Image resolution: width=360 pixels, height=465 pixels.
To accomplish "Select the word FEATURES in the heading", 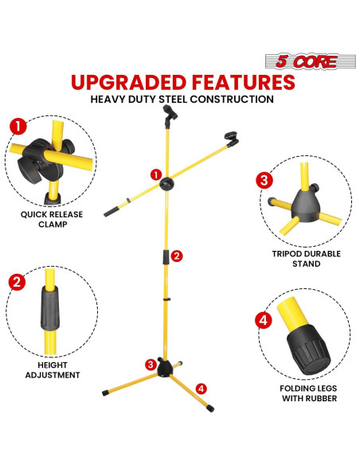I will click(x=246, y=82).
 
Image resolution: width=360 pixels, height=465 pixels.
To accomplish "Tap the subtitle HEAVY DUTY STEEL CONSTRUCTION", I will click(x=182, y=100).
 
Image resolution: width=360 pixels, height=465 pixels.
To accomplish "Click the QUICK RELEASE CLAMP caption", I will click(x=45, y=219).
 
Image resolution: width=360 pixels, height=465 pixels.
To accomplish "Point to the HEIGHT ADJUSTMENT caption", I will click(x=48, y=369).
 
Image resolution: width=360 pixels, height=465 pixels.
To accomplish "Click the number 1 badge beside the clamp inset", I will click(x=16, y=127).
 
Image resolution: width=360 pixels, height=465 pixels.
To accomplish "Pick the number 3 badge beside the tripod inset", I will click(x=264, y=180).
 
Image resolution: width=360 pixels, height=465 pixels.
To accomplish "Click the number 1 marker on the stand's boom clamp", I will click(x=155, y=174).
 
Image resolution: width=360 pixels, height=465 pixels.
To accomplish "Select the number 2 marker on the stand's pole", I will click(x=177, y=256).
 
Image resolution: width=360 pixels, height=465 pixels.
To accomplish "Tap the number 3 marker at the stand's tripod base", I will click(x=151, y=364).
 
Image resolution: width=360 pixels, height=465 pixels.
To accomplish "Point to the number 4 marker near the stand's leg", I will click(x=201, y=388).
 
